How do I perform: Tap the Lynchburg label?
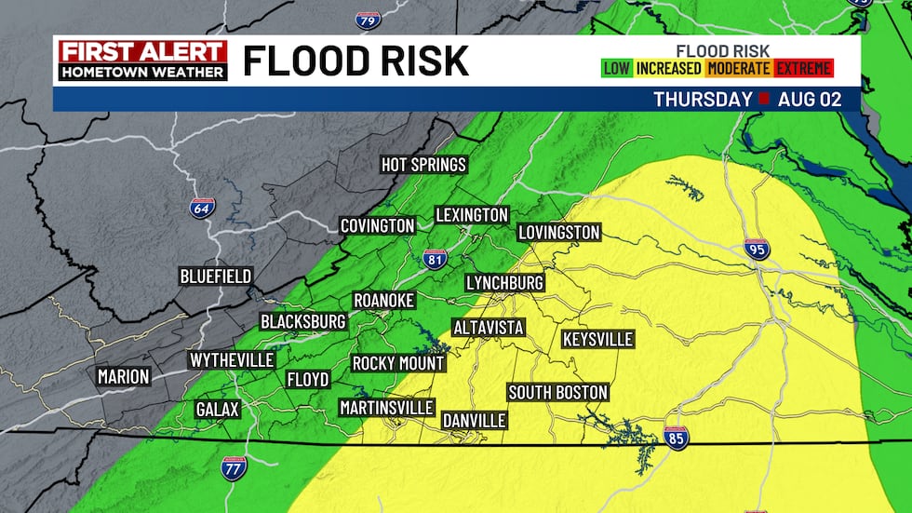coord(504,282)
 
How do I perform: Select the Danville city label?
coord(474,420)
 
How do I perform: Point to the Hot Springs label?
coord(423,165)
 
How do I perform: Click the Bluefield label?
coord(216,277)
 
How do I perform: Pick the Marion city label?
coord(123,376)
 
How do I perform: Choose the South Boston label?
coord(557,392)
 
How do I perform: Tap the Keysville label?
coord(597,339)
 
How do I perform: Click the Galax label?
coord(218,409)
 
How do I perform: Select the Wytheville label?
coord(232,359)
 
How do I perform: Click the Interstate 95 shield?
coord(757,250)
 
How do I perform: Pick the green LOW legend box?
coord(617,68)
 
